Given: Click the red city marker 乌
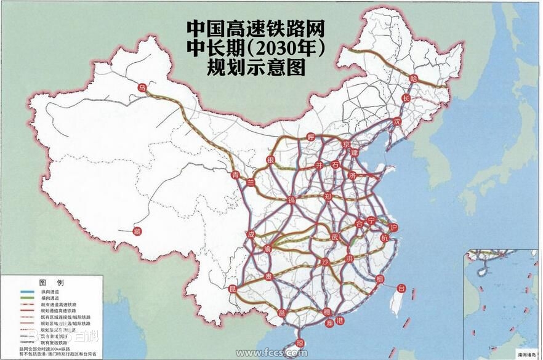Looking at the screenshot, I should (142, 89).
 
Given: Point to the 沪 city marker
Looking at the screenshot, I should (394, 228).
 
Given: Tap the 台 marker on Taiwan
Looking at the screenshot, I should (401, 288).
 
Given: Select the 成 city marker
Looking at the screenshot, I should (251, 234).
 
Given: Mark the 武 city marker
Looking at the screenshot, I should (335, 236).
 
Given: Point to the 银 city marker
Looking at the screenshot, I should (270, 160).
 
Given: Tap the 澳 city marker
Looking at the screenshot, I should (329, 323).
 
